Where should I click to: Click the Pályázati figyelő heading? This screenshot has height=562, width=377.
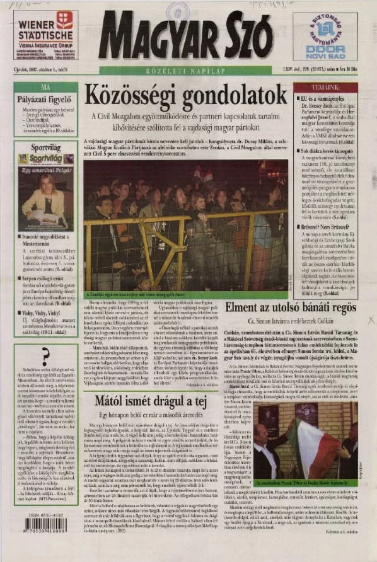tap(45, 100)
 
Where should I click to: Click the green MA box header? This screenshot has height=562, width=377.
tap(45, 86)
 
